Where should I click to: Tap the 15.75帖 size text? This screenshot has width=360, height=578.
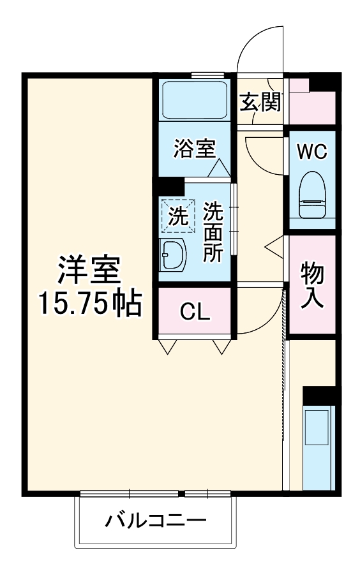click(x=89, y=304)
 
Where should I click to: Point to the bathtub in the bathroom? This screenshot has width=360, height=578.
click(x=194, y=100)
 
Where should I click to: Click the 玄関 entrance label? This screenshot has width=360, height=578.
click(x=260, y=101)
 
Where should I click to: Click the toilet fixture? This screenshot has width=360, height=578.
click(x=313, y=196)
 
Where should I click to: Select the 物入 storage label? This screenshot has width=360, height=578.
click(x=313, y=285)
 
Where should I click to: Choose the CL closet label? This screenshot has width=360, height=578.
click(x=194, y=312)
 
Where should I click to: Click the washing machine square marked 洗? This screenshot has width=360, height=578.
click(x=177, y=216)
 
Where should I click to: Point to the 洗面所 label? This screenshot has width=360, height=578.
click(x=212, y=232)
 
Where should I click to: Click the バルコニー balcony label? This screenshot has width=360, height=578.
click(x=155, y=521)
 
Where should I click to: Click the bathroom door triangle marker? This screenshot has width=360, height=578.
click(x=218, y=168)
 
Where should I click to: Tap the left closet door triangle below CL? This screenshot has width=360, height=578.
click(x=167, y=346)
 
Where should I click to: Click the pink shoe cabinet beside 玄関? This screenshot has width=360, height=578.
click(x=311, y=102)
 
